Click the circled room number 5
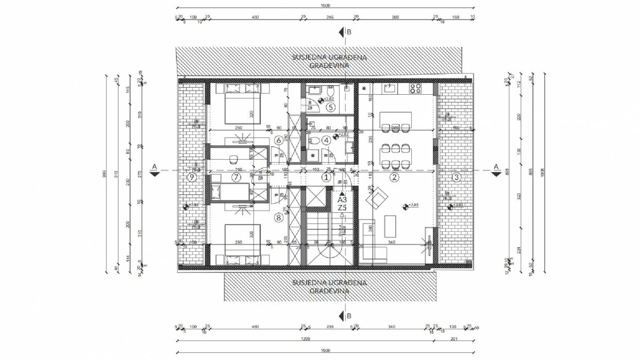[330, 107]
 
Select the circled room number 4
[325, 140]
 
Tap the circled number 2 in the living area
[394, 178]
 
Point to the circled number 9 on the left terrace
[192, 178]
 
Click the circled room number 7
[236, 178]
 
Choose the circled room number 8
[279, 217]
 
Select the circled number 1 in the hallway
[325, 178]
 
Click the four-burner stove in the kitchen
[415, 89]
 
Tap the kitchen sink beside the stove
[390, 89]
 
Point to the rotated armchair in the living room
[377, 198]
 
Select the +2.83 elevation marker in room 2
[406, 207]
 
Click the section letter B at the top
[349, 32]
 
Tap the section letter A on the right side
[496, 166]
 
